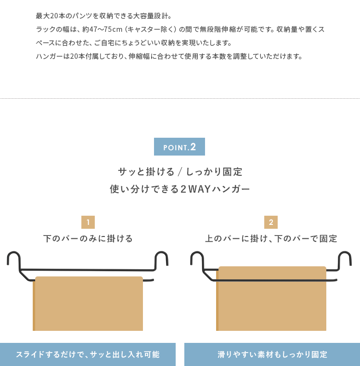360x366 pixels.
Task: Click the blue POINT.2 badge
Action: (x=180, y=146)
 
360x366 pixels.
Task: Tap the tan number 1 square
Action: (x=88, y=222)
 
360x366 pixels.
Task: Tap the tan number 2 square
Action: (x=271, y=222)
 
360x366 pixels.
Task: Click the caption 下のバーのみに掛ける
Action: (x=88, y=238)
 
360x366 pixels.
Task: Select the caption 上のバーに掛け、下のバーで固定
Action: (x=271, y=238)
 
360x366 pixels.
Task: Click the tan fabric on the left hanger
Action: (x=88, y=303)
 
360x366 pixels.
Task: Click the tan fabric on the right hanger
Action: (x=271, y=299)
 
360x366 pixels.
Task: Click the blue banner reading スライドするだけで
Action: (x=88, y=354)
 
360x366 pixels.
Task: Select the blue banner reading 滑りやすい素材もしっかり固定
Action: (x=272, y=354)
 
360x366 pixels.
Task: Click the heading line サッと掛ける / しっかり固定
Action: (x=180, y=172)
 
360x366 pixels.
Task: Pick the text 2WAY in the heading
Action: (x=196, y=189)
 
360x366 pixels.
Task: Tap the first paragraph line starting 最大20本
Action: (x=104, y=16)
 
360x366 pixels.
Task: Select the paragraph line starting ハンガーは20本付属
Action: (x=169, y=56)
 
